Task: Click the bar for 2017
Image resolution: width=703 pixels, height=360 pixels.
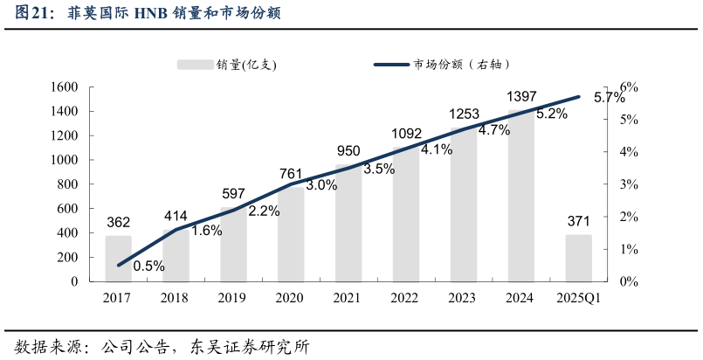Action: coord(118,259)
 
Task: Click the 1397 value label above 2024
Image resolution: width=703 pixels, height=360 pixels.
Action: coord(521,96)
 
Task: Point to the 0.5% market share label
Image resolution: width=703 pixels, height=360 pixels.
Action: coord(148,267)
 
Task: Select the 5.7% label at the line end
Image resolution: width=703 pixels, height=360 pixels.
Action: coord(609,98)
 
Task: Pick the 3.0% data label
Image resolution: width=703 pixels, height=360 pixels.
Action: coord(321,185)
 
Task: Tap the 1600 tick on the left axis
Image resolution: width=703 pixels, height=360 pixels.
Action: coord(65,87)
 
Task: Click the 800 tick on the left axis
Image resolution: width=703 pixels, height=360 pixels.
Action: coord(68,184)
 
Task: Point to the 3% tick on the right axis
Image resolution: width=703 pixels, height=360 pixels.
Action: coord(630,184)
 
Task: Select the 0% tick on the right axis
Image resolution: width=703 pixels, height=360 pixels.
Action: coord(630,282)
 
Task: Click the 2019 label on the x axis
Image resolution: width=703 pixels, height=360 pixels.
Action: coord(232,298)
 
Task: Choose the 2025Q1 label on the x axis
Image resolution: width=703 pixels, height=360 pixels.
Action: coord(578,298)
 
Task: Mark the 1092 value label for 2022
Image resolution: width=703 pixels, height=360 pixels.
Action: coord(406,135)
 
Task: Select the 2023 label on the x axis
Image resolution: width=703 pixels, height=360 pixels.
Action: coord(462,298)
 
